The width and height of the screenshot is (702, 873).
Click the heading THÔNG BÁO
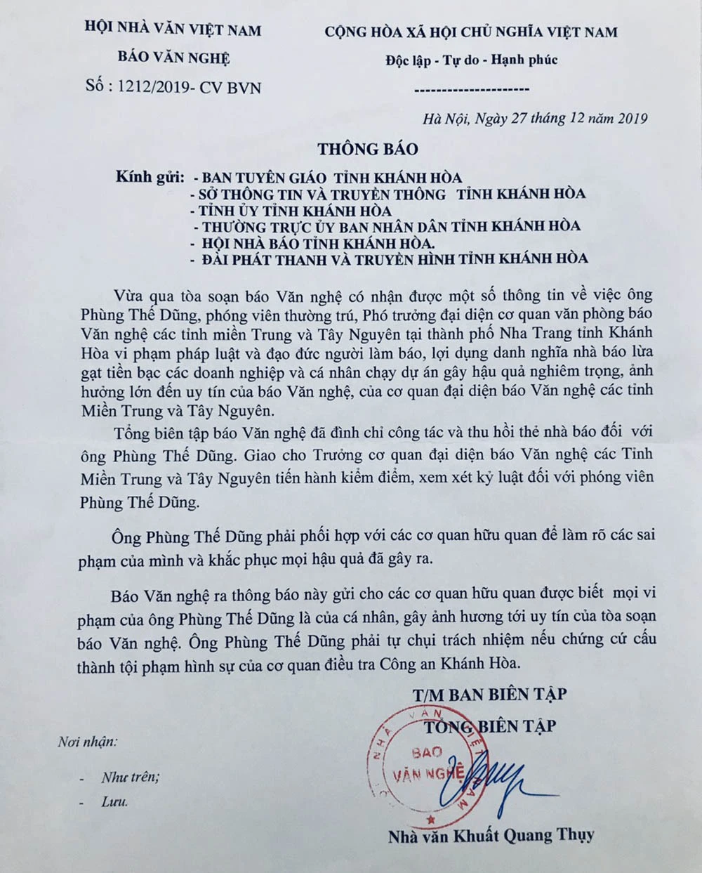click(x=367, y=149)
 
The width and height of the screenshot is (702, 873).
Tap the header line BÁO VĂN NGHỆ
click(x=172, y=58)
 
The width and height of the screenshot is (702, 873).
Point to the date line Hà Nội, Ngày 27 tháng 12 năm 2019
click(x=535, y=118)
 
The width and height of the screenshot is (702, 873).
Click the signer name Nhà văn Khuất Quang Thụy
click(x=491, y=835)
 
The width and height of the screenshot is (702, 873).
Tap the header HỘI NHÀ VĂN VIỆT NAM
click(x=172, y=31)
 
